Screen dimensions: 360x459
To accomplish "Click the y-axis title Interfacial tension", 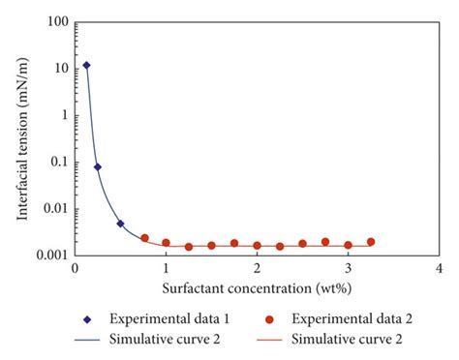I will [21, 138].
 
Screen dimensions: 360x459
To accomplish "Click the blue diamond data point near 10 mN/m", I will [87, 66].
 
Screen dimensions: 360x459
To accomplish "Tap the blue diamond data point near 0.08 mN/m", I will [98, 166].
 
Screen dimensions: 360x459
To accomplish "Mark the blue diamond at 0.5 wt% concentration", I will [121, 224].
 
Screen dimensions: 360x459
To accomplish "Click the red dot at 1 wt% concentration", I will [167, 243].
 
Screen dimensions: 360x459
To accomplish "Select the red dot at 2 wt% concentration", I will [257, 246].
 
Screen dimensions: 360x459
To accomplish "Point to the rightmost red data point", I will [371, 242].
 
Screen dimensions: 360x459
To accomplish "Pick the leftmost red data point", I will [144, 238].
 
